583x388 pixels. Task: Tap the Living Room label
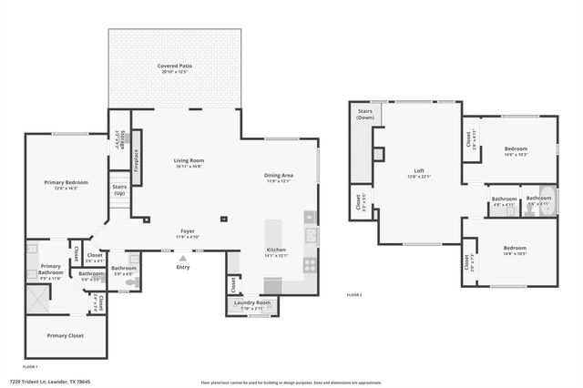point(189,161)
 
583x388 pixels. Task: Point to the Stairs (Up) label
point(119,189)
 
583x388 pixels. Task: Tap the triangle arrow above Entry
point(183,259)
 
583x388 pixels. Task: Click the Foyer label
point(187,231)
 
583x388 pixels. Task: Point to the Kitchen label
point(277,250)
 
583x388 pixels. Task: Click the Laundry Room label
point(251,302)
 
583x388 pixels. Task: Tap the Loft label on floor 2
point(419,170)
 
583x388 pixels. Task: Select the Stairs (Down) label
point(364,114)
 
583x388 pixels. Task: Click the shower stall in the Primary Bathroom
point(37,299)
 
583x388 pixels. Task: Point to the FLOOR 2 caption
point(354,295)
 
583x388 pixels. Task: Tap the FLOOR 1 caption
point(29,366)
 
